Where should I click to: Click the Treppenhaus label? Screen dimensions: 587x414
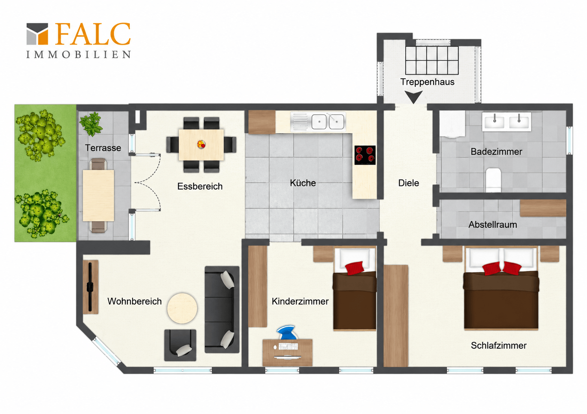(427, 82)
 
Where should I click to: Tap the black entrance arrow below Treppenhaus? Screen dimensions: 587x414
(413, 97)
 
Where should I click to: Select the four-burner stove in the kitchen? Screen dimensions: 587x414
(365, 155)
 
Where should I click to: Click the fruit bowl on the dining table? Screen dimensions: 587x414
(201, 144)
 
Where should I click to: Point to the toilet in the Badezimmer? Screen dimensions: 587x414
(493, 180)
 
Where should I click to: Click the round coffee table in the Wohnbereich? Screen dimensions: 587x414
(182, 308)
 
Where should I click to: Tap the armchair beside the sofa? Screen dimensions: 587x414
(180, 345)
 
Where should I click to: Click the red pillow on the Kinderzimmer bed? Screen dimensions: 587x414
(354, 268)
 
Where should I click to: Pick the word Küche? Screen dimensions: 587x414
(303, 183)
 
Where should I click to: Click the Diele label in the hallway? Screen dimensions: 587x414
(408, 183)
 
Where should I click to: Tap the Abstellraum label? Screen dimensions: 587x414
(493, 225)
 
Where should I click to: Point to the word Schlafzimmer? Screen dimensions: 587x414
(498, 345)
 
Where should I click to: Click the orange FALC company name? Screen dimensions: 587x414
(93, 34)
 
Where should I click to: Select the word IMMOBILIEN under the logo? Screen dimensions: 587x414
(78, 55)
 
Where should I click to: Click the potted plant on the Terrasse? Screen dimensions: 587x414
(90, 124)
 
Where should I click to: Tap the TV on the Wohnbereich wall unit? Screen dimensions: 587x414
(90, 287)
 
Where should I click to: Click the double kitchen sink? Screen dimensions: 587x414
(328, 122)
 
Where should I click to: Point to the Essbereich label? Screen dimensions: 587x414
(200, 186)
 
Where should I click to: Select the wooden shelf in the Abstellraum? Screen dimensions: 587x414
(543, 208)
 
